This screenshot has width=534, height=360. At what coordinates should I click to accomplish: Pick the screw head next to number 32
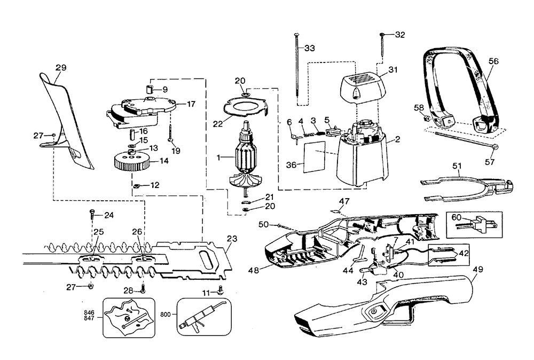pyautogui.click(x=383, y=35)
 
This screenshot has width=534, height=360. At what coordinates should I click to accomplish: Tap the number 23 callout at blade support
pyautogui.click(x=231, y=239)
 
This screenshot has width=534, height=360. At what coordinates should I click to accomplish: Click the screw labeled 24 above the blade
pyautogui.click(x=92, y=215)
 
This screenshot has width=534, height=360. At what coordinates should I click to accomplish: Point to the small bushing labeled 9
pyautogui.click(x=150, y=89)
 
